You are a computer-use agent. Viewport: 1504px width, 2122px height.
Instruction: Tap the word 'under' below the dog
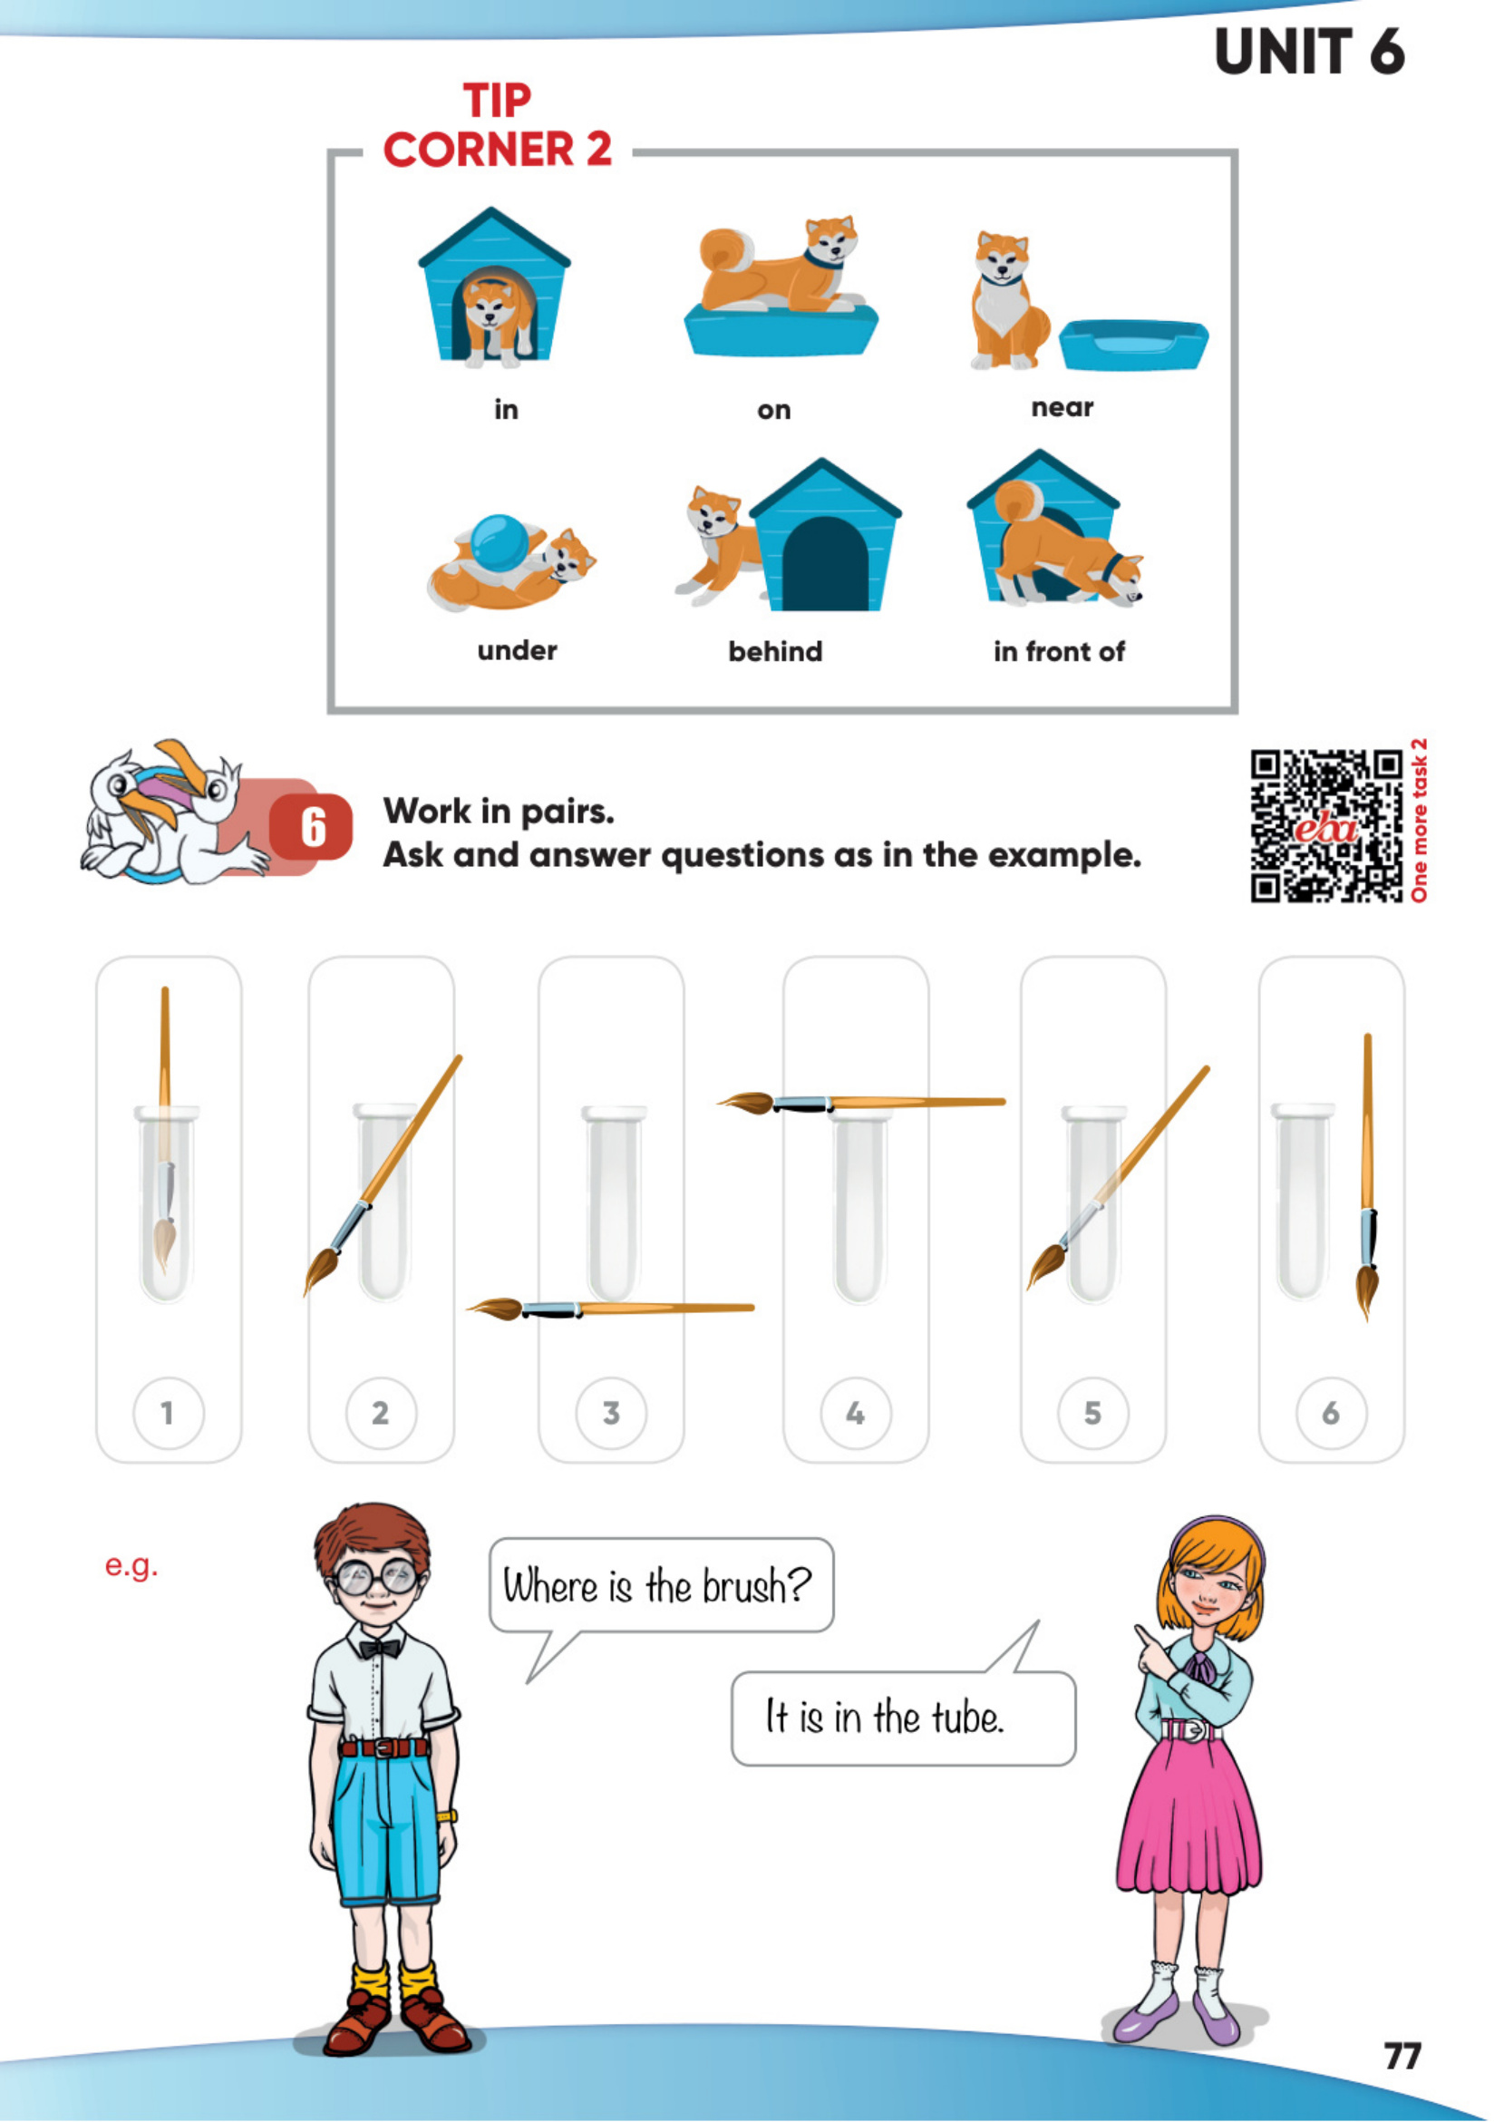[517, 650]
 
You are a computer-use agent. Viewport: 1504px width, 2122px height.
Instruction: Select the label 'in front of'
[1059, 651]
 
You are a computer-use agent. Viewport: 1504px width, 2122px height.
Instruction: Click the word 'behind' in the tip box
[775, 651]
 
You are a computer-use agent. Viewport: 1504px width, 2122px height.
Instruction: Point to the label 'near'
[1063, 407]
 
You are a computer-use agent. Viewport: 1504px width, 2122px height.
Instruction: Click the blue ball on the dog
[500, 543]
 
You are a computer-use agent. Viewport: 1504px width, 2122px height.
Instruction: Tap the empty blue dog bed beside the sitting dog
[1133, 345]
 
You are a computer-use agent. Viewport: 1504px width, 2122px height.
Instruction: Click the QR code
[1327, 825]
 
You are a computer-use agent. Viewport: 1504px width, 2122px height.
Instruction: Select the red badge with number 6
[311, 826]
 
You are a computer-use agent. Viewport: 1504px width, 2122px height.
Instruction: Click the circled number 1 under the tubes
[168, 1413]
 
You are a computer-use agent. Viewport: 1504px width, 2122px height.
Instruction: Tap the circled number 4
[856, 1413]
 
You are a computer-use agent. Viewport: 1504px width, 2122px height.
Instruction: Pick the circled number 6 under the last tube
[1331, 1413]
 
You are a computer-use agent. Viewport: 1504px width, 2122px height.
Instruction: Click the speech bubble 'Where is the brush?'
[660, 1587]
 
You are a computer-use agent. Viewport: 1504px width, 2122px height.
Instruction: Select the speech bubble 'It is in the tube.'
[903, 1717]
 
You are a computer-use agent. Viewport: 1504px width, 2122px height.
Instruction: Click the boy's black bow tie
[380, 1649]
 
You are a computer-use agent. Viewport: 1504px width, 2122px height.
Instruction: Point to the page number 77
[1402, 2056]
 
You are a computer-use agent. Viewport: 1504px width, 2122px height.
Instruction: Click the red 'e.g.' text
[131, 1566]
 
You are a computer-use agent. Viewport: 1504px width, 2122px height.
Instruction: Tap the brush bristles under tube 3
[496, 1309]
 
